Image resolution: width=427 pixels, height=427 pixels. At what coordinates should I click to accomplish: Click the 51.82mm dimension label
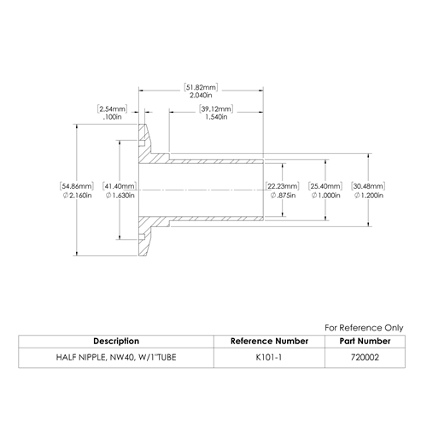click(x=201, y=87)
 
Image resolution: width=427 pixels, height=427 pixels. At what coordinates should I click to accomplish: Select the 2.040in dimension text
click(x=201, y=96)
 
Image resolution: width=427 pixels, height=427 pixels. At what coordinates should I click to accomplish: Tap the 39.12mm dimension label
click(x=216, y=108)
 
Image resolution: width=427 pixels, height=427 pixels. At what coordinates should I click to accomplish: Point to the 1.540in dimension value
click(x=216, y=117)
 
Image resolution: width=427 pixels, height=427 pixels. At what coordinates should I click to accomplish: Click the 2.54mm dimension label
click(x=112, y=108)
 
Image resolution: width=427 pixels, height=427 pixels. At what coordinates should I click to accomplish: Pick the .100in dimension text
click(x=113, y=117)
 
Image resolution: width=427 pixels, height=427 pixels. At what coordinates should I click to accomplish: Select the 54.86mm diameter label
click(x=77, y=186)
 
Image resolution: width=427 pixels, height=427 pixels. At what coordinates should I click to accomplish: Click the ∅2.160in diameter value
click(x=77, y=196)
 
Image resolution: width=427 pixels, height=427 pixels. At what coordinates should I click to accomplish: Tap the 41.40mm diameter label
click(x=120, y=186)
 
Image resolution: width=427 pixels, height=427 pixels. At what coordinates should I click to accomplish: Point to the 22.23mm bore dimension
click(x=282, y=186)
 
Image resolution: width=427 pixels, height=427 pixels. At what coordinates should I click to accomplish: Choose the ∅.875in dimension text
click(x=283, y=196)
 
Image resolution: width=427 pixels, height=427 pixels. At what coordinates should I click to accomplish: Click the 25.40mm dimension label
click(x=325, y=186)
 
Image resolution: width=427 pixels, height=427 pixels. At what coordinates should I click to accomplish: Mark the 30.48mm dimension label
click(x=368, y=186)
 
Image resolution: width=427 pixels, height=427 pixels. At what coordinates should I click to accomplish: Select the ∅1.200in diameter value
click(x=369, y=196)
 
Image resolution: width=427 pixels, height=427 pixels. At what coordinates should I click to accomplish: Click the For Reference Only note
click(x=364, y=328)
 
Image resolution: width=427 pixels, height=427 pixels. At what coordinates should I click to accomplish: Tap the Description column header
click(x=116, y=341)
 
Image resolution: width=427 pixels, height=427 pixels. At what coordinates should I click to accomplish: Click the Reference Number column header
click(x=269, y=341)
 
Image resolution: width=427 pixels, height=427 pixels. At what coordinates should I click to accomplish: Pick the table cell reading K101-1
click(x=269, y=357)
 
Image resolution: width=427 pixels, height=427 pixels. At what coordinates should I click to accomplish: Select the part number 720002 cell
click(x=365, y=357)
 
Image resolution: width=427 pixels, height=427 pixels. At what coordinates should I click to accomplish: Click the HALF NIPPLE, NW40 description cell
click(x=116, y=357)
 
